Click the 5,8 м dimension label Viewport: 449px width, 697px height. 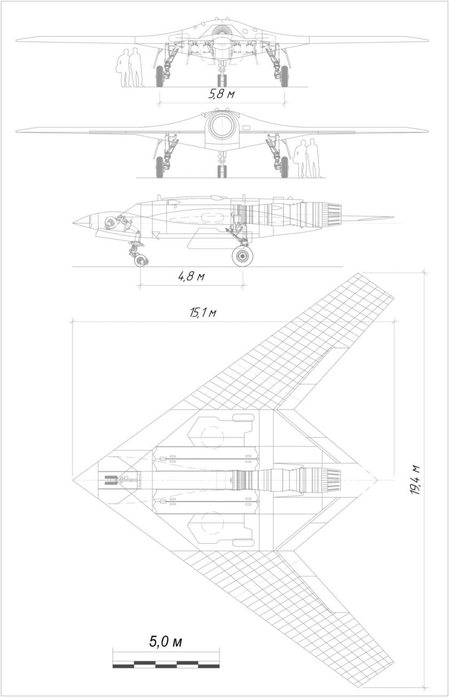click(221, 95)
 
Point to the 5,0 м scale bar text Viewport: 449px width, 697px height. click(165, 641)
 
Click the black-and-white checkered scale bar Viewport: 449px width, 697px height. click(166, 664)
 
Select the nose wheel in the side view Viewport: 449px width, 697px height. click(141, 261)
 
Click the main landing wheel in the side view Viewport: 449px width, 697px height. click(243, 256)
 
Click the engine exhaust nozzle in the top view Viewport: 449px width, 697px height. click(331, 479)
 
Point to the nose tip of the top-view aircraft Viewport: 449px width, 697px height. click(74, 479)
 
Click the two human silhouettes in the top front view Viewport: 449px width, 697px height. click(130, 68)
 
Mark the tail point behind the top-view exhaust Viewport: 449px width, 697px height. click(377, 479)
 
